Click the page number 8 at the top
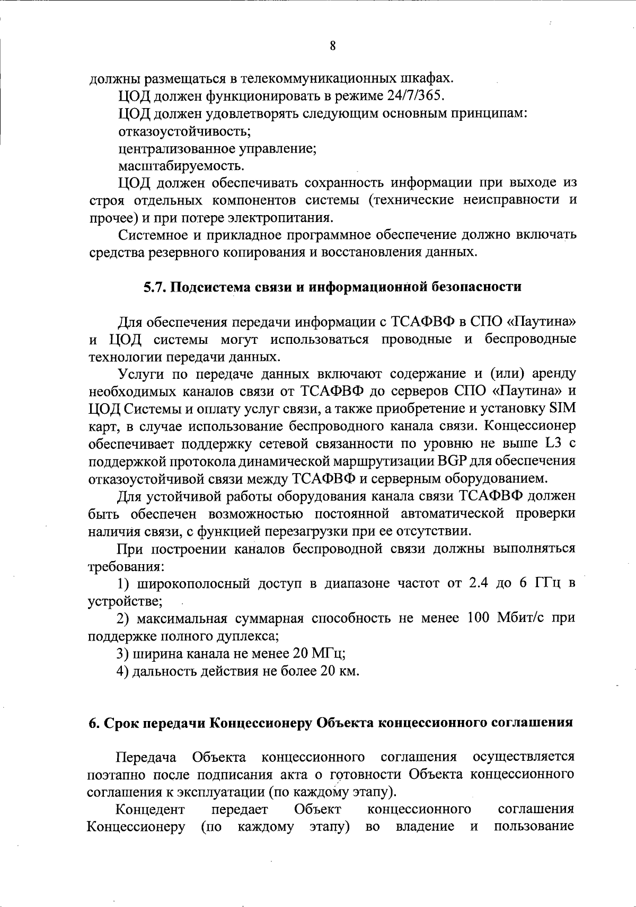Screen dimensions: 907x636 (332, 46)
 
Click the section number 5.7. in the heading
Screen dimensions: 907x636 (156, 287)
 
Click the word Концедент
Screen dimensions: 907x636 (150, 810)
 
